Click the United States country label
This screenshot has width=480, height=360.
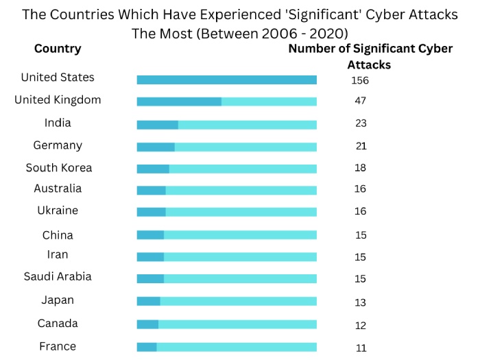click(58, 77)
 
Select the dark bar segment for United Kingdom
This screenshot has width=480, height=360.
click(179, 101)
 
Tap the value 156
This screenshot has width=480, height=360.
click(360, 80)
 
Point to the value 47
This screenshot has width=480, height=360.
click(360, 101)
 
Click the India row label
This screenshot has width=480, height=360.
click(58, 123)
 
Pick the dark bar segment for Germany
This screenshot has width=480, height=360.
click(156, 147)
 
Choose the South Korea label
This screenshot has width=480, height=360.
click(58, 168)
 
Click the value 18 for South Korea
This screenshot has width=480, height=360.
click(360, 169)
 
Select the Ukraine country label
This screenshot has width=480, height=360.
click(58, 211)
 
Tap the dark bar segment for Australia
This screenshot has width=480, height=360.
click(151, 190)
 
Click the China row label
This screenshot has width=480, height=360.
click(58, 235)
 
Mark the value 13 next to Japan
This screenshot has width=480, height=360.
click(360, 302)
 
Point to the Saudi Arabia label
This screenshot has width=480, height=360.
click(58, 277)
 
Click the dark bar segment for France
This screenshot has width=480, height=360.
click(147, 347)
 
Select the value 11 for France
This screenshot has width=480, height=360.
click(361, 348)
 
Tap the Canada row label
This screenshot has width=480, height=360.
click(58, 324)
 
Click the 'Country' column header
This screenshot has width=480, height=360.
click(58, 49)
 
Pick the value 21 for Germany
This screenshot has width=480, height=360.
click(361, 146)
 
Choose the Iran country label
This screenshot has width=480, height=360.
click(58, 254)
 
